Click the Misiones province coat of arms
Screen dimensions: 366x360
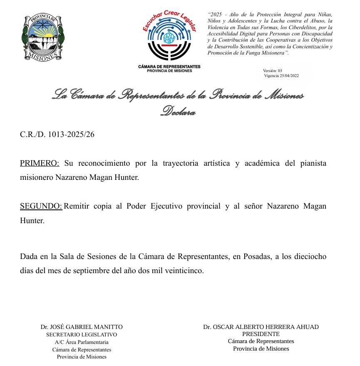coord(43,37)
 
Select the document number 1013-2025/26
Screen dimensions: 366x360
coord(71,134)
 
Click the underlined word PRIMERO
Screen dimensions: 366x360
coord(40,163)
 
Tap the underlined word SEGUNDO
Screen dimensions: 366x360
coord(41,207)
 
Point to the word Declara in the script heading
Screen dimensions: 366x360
coord(178,111)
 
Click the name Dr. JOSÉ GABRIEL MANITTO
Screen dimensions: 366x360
coord(82,327)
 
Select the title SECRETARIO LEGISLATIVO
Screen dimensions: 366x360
coord(82,335)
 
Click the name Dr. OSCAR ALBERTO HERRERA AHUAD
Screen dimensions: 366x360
coord(261,327)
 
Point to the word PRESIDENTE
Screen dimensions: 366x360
coord(261,334)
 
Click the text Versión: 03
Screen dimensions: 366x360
coord(273,71)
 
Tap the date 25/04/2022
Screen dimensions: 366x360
coord(289,76)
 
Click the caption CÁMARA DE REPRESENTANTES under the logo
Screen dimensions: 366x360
coord(169,67)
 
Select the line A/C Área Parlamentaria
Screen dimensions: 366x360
coord(82,342)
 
